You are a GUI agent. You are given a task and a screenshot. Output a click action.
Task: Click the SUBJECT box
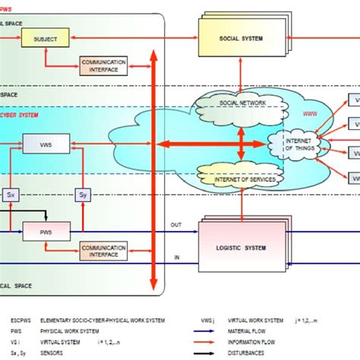[46, 35]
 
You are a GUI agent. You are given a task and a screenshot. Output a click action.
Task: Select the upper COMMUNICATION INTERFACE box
[103, 65]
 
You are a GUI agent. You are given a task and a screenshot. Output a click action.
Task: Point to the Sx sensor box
[11, 194]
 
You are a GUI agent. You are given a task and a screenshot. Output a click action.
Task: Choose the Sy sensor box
[84, 194]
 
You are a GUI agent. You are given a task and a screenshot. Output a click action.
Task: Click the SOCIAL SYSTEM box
[241, 35]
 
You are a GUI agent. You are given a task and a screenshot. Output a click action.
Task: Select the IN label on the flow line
[177, 257]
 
